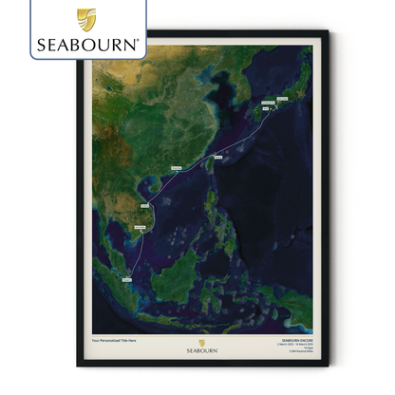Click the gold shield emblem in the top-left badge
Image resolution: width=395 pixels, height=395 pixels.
[x=85, y=18]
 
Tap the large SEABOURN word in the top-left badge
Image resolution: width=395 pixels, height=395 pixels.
[x=85, y=43]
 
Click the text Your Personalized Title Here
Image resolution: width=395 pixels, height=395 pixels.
[x=115, y=339]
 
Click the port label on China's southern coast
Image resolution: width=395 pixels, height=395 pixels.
[x=178, y=168]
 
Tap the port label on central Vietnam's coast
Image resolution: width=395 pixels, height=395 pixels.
[x=145, y=204]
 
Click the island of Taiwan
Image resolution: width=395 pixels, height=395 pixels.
[x=210, y=161]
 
